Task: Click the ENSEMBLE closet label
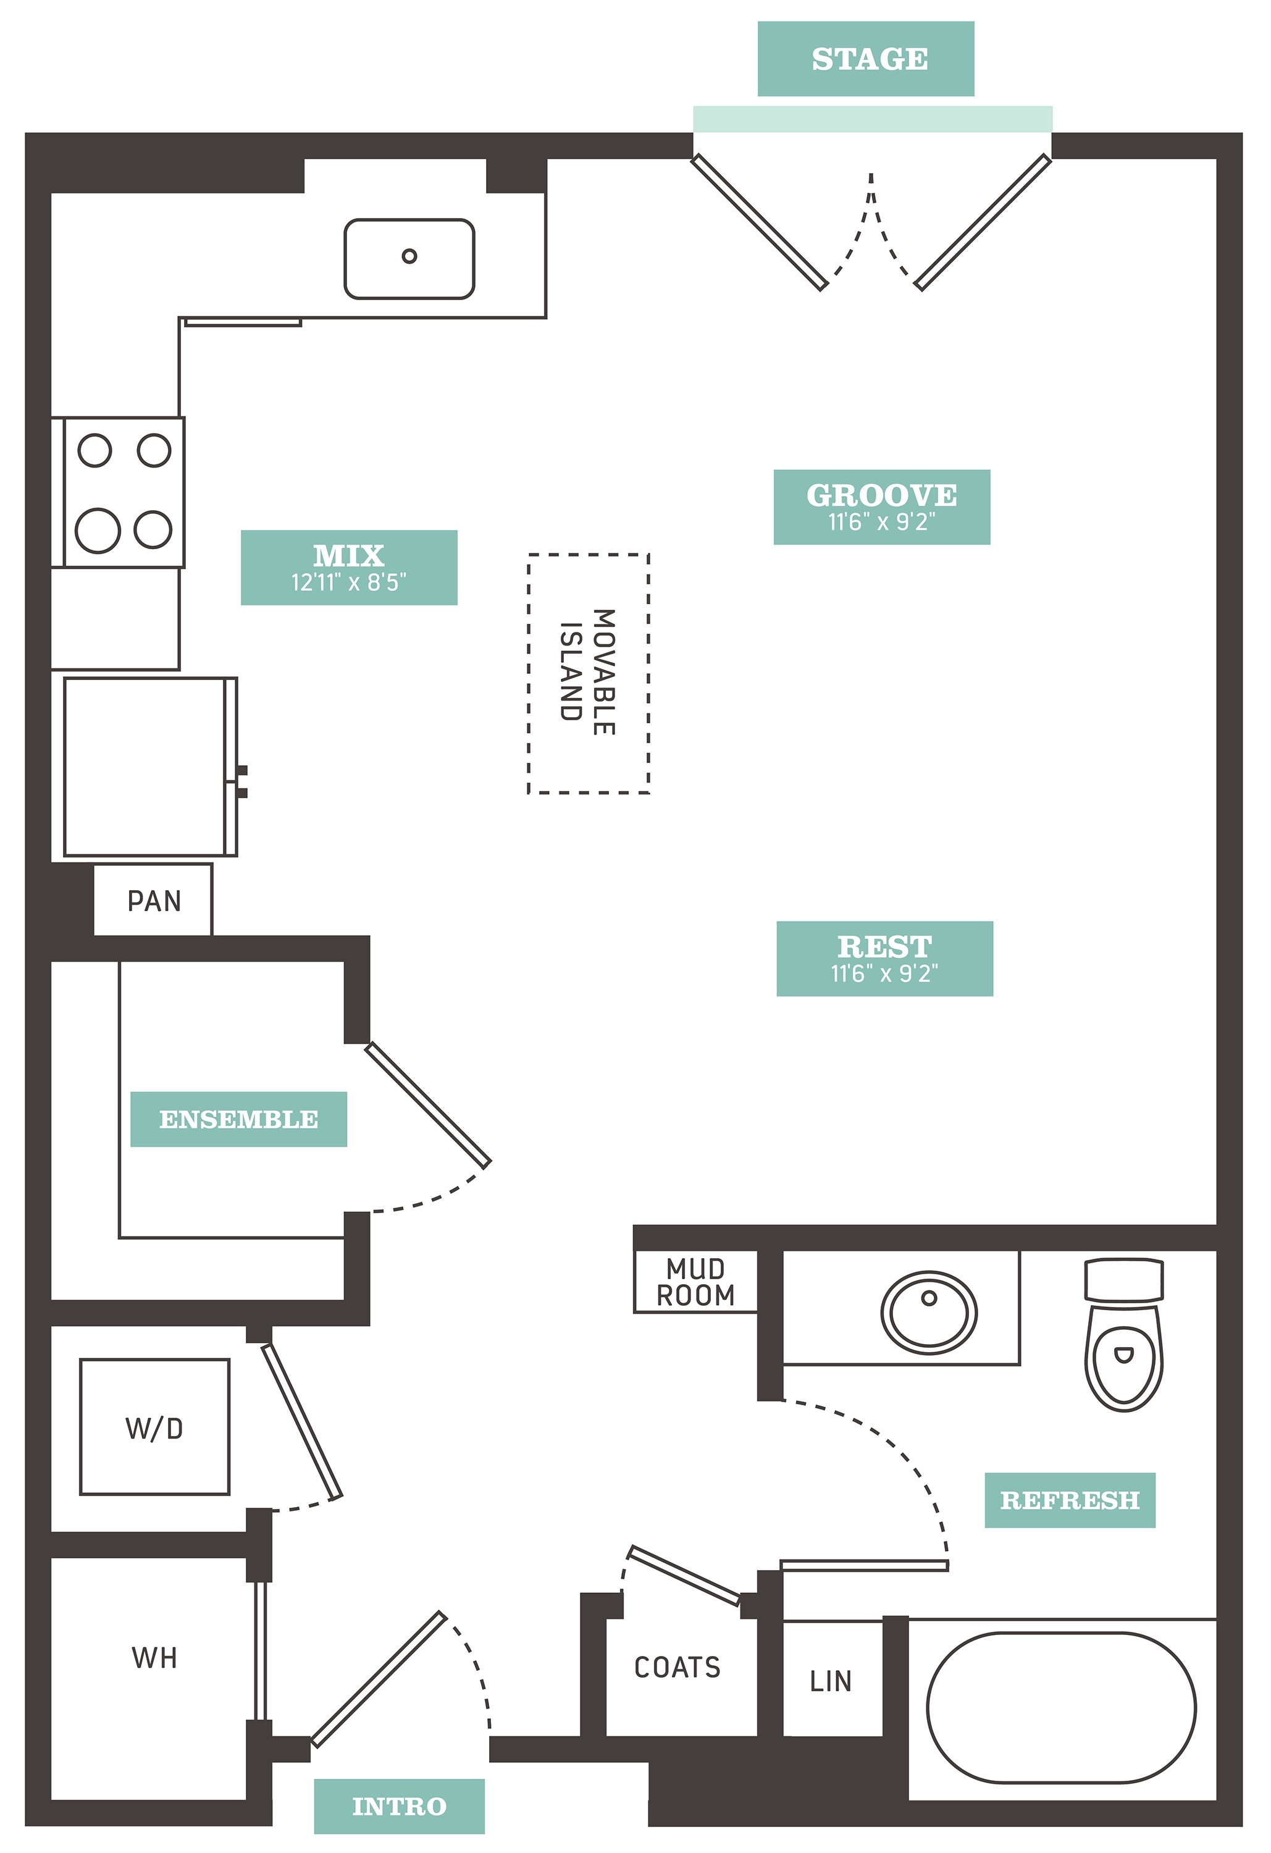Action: (x=238, y=1119)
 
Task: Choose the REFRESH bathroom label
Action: (x=1070, y=1500)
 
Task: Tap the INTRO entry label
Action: (x=400, y=1806)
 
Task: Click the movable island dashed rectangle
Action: (x=529, y=674)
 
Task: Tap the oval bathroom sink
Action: (x=929, y=1313)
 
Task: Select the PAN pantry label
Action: (x=154, y=901)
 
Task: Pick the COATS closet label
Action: (x=677, y=1667)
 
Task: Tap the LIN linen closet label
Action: (x=830, y=1681)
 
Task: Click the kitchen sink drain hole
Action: (x=409, y=256)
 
